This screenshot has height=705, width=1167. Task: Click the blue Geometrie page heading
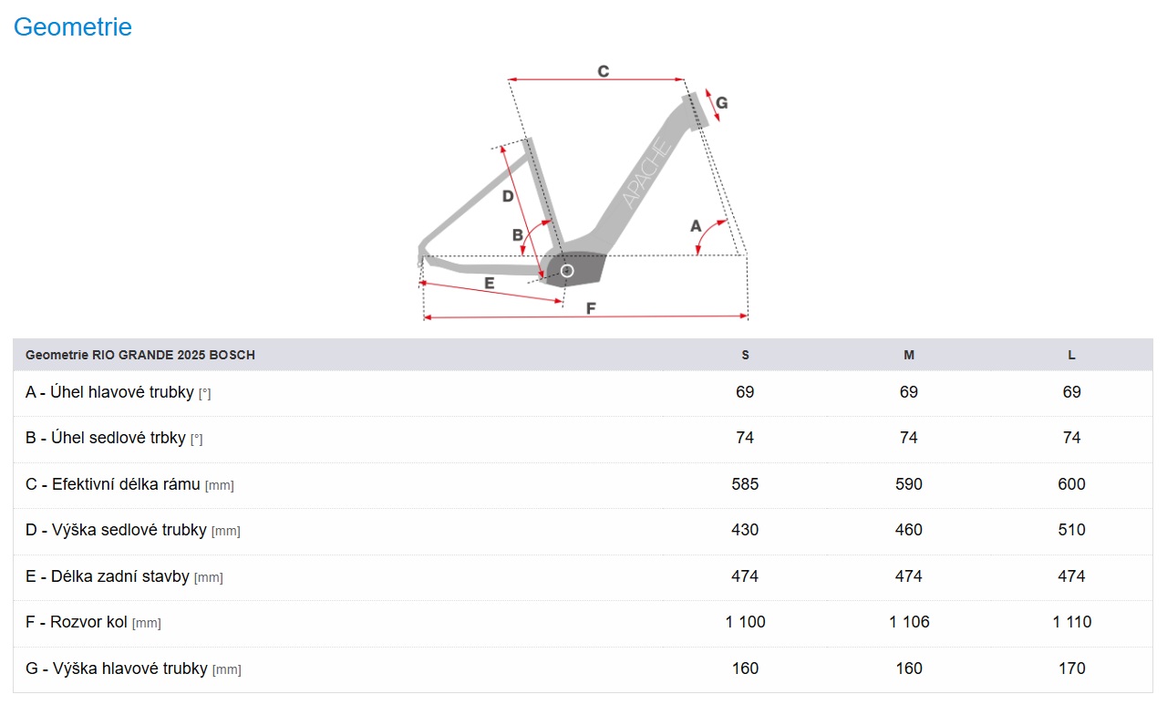pos(72,27)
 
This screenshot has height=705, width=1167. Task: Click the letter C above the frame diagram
pos(604,71)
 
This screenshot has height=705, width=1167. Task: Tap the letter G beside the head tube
pos(721,103)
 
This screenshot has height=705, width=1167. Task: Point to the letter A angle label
pos(696,226)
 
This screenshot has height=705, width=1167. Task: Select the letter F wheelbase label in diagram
pos(591,308)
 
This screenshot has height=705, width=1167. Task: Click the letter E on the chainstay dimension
pos(490,283)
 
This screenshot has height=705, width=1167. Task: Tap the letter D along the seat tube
pos(508,196)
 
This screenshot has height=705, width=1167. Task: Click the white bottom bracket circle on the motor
pos(567,271)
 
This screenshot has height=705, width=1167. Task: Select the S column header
pos(745,355)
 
